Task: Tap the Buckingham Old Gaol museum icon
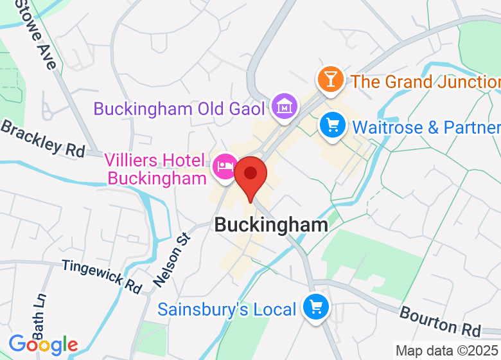click(283, 106)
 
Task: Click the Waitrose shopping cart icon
click(333, 124)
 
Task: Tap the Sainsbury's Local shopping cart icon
click(315, 308)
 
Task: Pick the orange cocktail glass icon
click(330, 80)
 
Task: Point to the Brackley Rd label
click(43, 138)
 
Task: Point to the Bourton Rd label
click(440, 321)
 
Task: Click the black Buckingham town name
click(271, 224)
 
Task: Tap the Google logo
click(43, 345)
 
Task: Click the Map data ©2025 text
click(447, 351)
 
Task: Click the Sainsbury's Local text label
click(227, 309)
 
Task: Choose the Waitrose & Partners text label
click(426, 127)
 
